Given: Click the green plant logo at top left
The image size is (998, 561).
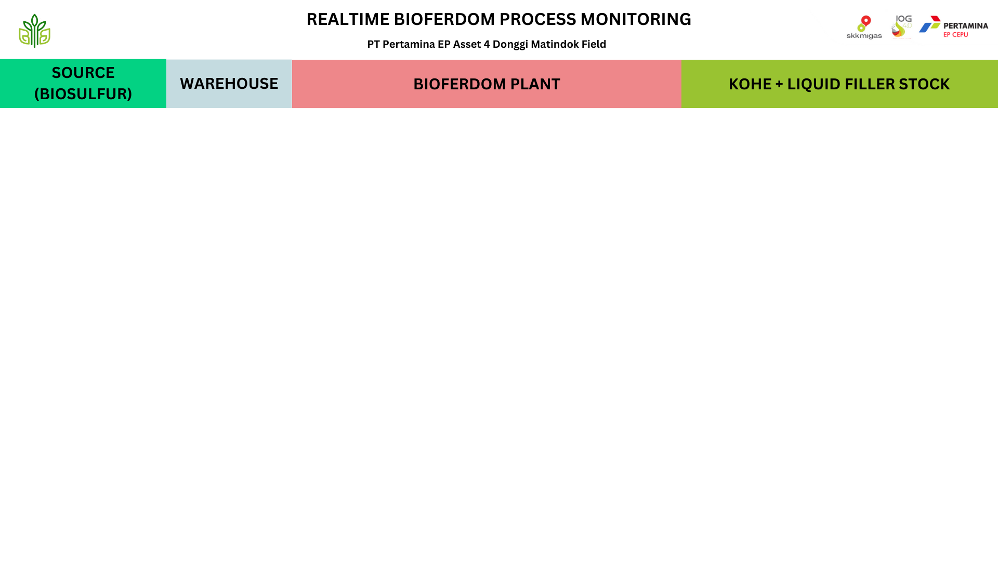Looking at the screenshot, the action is click(x=34, y=31).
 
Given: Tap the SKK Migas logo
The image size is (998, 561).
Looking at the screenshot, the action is click(x=864, y=28).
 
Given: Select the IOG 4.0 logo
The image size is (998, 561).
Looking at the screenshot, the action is click(x=902, y=27).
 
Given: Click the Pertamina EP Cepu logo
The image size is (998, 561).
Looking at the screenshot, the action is click(x=953, y=26).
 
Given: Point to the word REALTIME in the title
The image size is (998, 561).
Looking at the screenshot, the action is click(x=348, y=19).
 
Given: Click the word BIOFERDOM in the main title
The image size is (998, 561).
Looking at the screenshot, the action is click(x=444, y=19).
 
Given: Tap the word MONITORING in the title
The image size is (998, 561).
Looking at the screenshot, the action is click(x=636, y=19).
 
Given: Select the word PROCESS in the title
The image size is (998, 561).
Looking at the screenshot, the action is click(x=537, y=19).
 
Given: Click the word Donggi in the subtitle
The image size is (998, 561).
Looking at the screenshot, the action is click(x=510, y=45).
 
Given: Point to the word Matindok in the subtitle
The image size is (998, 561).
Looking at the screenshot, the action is click(x=555, y=44).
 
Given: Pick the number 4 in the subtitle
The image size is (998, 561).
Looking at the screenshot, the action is click(x=487, y=44).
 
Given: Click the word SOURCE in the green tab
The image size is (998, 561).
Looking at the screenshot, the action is click(x=83, y=73).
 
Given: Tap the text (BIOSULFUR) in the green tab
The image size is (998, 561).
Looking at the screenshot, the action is click(x=83, y=94).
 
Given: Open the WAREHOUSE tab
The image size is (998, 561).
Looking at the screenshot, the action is click(x=229, y=84).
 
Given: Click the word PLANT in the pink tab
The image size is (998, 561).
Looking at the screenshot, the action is click(x=535, y=84).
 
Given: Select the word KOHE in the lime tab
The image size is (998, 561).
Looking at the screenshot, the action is click(x=750, y=84).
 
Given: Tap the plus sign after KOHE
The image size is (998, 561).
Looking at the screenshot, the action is click(x=779, y=84).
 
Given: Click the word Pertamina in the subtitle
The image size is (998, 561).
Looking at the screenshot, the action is click(x=409, y=44).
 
